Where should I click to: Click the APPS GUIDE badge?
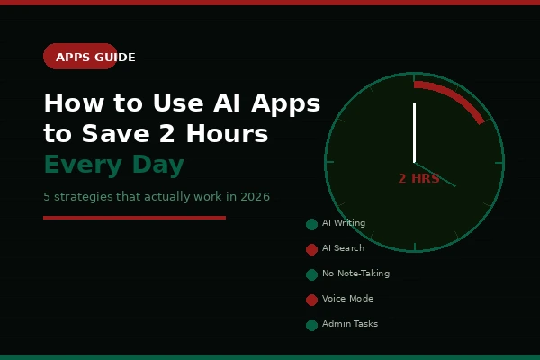(80, 57)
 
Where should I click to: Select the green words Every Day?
(113, 166)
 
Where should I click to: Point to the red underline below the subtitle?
(134, 218)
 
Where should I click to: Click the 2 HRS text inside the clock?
(418, 179)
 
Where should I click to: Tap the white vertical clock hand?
(414, 132)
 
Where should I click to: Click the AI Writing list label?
(344, 223)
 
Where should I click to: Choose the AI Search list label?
(343, 248)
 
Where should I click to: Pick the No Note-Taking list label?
(355, 274)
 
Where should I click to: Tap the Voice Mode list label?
(347, 299)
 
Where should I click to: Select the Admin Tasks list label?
(350, 324)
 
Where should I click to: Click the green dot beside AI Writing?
(311, 224)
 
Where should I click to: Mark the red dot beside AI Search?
(311, 249)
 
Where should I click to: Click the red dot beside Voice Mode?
(311, 300)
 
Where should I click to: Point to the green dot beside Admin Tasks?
(311, 325)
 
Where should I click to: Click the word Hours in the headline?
(226, 134)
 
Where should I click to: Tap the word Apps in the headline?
(284, 104)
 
